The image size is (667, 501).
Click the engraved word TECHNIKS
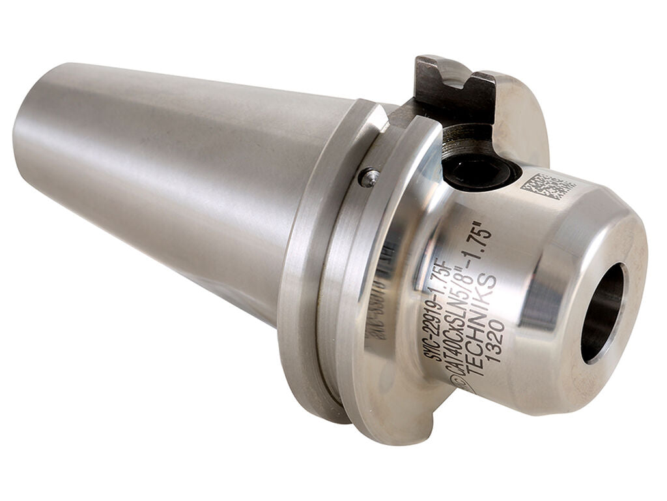click(x=482, y=326)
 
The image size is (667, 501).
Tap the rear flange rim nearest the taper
click(x=306, y=274)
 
